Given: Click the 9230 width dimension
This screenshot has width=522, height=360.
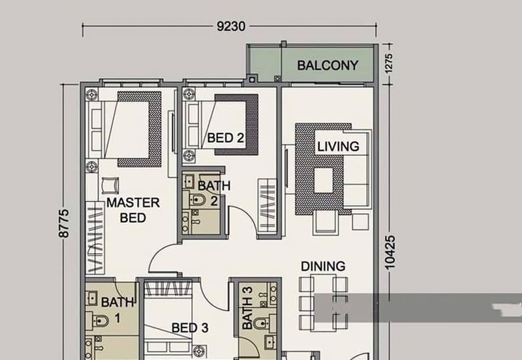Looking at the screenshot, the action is click(x=231, y=26).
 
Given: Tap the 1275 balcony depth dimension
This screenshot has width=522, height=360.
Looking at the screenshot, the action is click(x=388, y=63).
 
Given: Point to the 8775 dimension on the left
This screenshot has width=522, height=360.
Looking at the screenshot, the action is click(x=63, y=223).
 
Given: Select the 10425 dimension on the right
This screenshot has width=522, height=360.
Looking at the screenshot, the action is click(x=390, y=252).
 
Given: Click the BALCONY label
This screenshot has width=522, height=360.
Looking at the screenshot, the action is click(x=328, y=65).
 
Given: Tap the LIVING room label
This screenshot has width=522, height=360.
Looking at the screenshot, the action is click(x=338, y=147).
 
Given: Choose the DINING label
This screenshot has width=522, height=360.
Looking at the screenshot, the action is click(x=323, y=266).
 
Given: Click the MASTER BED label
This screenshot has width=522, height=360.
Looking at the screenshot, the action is click(x=133, y=210).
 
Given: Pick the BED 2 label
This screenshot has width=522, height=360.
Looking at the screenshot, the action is click(x=226, y=138).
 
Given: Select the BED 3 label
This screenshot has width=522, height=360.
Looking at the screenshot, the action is click(x=190, y=328).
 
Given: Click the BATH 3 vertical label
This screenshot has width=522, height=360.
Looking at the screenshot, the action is click(x=248, y=308).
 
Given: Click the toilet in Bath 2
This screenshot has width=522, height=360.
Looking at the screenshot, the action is click(x=198, y=200).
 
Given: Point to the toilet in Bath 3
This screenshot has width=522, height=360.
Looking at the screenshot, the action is click(x=260, y=322).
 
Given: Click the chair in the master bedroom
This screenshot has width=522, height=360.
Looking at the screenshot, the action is click(x=110, y=185).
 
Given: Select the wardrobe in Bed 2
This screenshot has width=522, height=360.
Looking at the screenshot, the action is click(x=268, y=205).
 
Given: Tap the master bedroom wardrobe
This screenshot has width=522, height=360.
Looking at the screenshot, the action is click(x=95, y=238).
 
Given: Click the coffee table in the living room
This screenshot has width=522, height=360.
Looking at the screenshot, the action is click(x=324, y=181).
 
